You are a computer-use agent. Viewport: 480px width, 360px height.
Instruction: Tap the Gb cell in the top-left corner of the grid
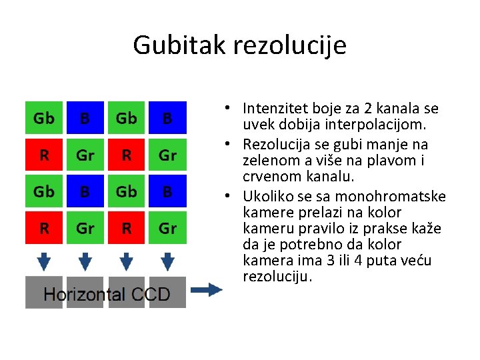click(44, 119)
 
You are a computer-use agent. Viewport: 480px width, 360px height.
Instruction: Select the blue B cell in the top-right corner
click(167, 119)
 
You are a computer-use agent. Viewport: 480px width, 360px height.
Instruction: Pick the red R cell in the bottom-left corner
click(44, 228)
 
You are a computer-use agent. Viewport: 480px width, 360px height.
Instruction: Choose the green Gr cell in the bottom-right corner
click(167, 228)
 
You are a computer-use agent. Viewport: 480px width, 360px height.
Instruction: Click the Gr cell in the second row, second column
click(85, 155)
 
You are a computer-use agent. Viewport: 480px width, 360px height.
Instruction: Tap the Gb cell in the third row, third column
click(126, 192)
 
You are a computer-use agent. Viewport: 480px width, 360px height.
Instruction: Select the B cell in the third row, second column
click(85, 192)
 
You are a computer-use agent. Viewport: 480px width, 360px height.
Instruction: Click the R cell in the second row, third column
click(126, 155)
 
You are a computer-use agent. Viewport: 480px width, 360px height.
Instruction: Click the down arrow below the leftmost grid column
click(44, 261)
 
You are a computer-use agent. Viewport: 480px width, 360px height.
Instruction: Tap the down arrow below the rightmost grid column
click(167, 261)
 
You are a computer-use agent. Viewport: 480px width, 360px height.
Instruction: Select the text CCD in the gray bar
click(150, 294)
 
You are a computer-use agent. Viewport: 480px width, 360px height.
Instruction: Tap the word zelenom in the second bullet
click(269, 160)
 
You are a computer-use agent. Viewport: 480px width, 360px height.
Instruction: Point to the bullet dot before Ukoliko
click(229, 196)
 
